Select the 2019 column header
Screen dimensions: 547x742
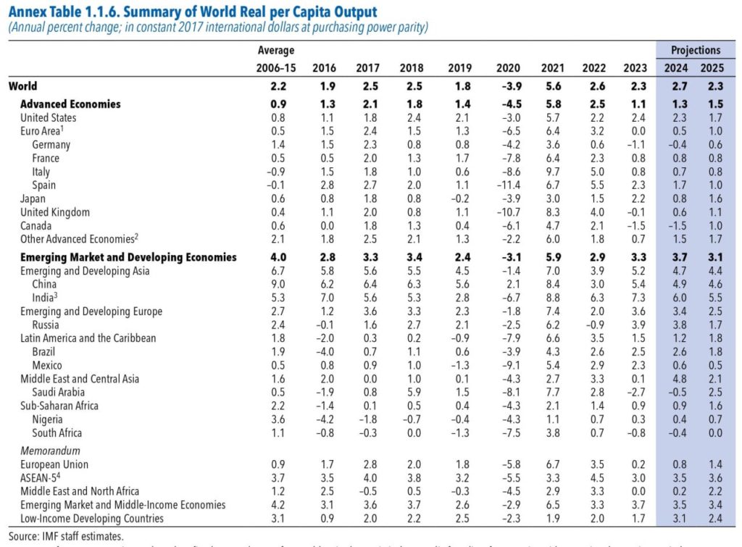(459, 68)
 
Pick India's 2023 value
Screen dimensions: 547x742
(635, 298)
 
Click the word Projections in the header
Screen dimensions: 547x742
(696, 51)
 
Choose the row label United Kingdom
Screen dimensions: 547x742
(55, 212)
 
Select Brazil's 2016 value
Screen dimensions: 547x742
(323, 351)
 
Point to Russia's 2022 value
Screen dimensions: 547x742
(593, 325)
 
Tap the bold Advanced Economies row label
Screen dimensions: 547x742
(70, 104)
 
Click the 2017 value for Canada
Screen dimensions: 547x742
(368, 226)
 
